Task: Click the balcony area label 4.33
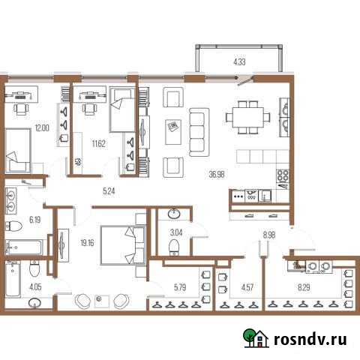pyautogui.click(x=239, y=61)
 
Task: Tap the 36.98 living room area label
pyautogui.click(x=217, y=174)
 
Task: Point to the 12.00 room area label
pyautogui.click(x=40, y=127)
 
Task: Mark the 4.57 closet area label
pyautogui.click(x=237, y=285)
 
